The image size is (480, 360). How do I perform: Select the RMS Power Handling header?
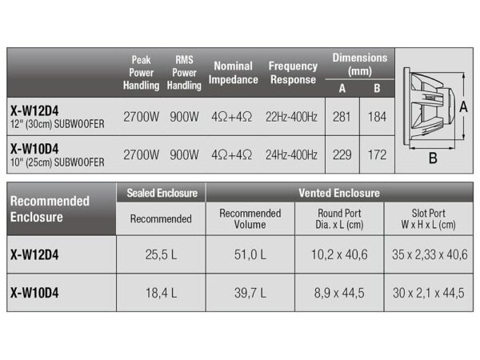(184, 73)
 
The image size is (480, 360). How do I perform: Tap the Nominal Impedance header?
(233, 73)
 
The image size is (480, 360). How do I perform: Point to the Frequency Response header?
(293, 73)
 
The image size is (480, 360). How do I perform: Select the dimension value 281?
(342, 117)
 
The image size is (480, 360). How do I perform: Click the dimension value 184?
(376, 117)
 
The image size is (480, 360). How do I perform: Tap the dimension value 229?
(342, 154)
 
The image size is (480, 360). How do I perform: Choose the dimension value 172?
(376, 154)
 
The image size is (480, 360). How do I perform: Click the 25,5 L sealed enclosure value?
(161, 255)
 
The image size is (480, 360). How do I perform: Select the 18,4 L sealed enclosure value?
(161, 294)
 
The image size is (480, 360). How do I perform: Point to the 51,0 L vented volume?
(250, 255)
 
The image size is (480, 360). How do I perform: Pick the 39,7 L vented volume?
(250, 294)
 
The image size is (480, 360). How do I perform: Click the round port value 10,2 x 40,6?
(339, 255)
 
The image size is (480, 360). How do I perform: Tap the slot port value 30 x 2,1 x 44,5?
(428, 294)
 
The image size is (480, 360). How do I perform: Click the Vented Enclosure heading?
(339, 193)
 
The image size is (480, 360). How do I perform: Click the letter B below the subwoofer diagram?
(433, 158)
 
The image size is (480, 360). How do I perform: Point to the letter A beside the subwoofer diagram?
(463, 105)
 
